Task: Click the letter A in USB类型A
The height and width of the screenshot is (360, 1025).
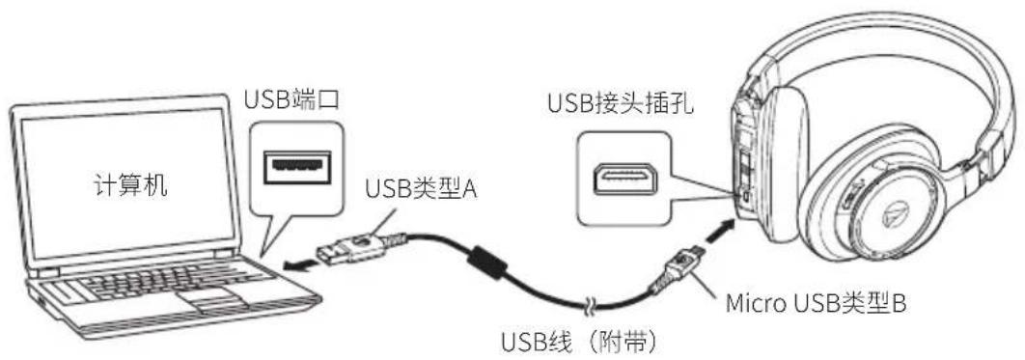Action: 469,187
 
